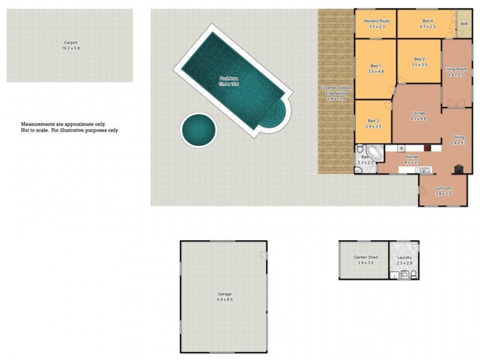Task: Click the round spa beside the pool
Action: coord(198,128)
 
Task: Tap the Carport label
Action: coord(71,43)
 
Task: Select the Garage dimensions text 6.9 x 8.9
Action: coord(224,299)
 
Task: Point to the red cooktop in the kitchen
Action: coord(427,148)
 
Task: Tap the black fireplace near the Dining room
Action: coord(459,169)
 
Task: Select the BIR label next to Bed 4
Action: coord(464,24)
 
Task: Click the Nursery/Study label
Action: coord(377,22)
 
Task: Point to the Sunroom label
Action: coord(442,189)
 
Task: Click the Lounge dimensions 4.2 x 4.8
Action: coord(418,118)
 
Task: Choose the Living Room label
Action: coord(456,70)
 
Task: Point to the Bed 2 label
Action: coord(419,59)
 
